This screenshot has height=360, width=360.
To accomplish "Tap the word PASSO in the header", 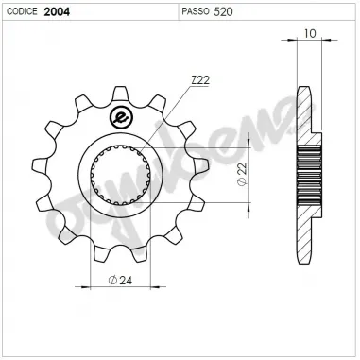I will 195,11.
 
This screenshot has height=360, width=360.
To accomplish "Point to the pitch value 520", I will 224,11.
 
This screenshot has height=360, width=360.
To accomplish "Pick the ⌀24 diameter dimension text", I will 120,281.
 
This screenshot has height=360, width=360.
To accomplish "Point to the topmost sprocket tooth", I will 123,92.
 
